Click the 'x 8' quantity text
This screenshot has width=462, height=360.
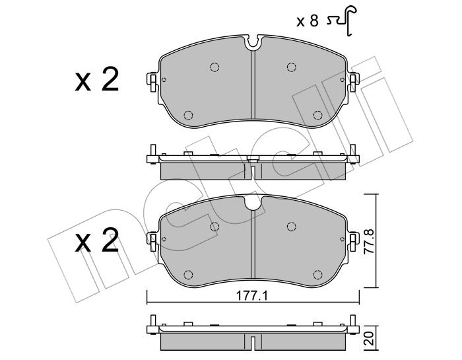click(308, 20)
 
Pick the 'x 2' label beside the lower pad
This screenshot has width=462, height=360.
click(96, 242)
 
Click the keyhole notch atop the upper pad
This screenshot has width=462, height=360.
click(253, 44)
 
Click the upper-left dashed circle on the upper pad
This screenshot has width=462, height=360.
click(214, 66)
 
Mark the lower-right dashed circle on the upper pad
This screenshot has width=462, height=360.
click(317, 114)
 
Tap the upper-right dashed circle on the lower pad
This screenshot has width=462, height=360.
click(291, 227)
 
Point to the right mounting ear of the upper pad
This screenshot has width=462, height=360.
click(354, 81)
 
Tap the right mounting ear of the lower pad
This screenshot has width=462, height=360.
click(354, 240)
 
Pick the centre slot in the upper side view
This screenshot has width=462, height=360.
click(253, 171)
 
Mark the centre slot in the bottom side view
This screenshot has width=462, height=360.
click(253, 342)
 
